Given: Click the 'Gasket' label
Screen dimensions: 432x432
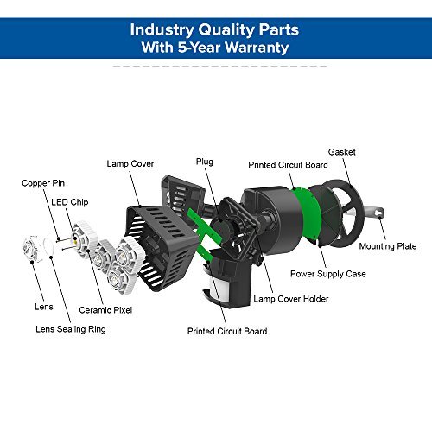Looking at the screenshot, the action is coord(342,152).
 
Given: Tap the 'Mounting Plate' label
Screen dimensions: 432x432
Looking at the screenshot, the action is coord(388,246).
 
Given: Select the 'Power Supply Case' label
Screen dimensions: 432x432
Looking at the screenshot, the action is coord(328,274).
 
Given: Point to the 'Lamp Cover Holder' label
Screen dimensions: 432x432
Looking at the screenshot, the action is coord(291,299).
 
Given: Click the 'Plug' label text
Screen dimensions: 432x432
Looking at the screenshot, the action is coord(205,162).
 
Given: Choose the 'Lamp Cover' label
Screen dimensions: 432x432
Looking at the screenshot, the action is coord(130,164).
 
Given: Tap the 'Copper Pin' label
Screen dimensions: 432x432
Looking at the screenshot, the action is coord(43,183).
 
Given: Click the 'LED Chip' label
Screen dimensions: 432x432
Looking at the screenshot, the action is coord(70,202).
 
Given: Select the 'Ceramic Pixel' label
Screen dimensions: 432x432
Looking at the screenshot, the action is coord(105,310).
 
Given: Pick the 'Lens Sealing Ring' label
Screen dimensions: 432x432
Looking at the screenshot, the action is coord(71,329).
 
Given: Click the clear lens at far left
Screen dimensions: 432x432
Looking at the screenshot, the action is coord(31,248).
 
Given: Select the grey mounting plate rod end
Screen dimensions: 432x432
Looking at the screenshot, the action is coord(378,213).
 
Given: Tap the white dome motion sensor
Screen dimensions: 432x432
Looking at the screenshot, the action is coord(213,285).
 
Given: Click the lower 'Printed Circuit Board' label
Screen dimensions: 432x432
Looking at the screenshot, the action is coord(227,331).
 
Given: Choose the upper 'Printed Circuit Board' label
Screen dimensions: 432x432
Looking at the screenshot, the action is coord(288,165).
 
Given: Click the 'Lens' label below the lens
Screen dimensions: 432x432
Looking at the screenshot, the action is coord(44,307).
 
